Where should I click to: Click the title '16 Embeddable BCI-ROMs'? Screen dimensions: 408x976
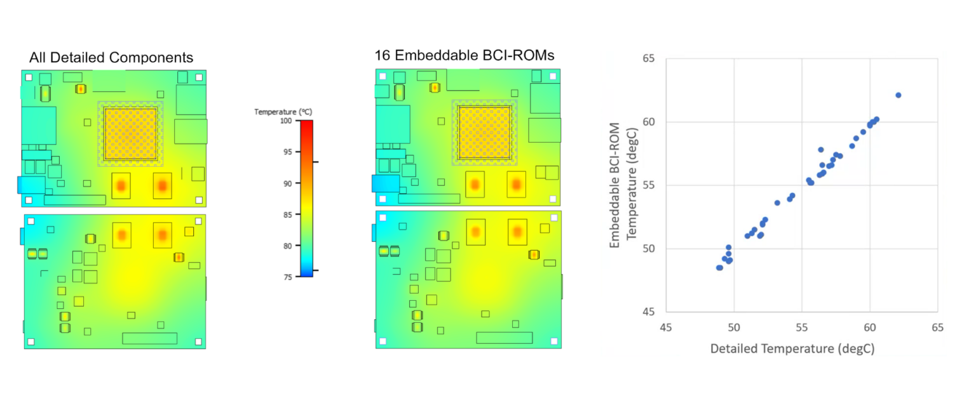point(464,56)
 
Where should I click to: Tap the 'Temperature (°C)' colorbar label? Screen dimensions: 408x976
point(283,112)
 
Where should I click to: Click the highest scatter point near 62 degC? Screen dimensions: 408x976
point(898,95)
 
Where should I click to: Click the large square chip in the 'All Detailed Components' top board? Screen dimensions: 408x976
point(130,133)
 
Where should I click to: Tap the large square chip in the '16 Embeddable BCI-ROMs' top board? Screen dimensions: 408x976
point(484,133)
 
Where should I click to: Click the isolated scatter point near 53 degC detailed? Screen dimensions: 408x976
point(777,203)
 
